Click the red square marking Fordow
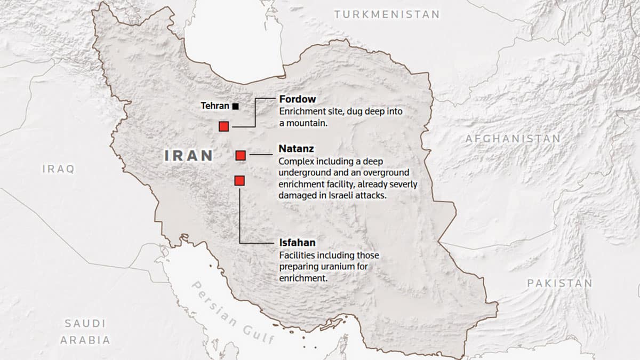click(x=224, y=126)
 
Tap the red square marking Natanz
click(x=241, y=155)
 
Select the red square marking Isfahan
click(x=239, y=181)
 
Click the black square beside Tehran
click(x=236, y=106)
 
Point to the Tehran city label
click(x=214, y=106)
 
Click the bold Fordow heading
click(x=298, y=99)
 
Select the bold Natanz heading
click(x=296, y=149)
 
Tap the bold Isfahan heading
click(x=297, y=243)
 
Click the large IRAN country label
click(x=189, y=156)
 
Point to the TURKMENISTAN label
click(x=387, y=14)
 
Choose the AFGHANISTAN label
click(x=513, y=139)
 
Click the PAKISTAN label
click(x=559, y=283)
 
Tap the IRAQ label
click(x=59, y=169)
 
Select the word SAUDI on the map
click(x=85, y=323)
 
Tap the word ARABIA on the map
click(x=85, y=340)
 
